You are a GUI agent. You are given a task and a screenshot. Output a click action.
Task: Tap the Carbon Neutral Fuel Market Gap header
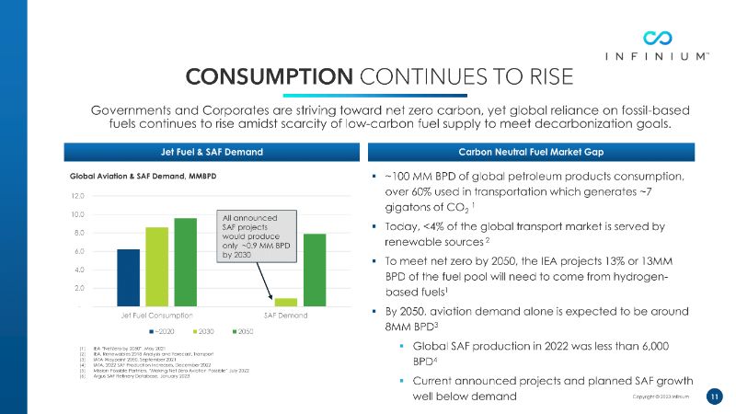[543, 151]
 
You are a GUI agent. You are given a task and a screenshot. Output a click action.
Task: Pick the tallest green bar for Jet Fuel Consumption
[186, 261]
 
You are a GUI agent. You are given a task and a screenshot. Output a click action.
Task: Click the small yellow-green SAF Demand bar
[285, 302]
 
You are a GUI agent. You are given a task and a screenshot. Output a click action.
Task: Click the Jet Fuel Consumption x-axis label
[157, 316]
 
